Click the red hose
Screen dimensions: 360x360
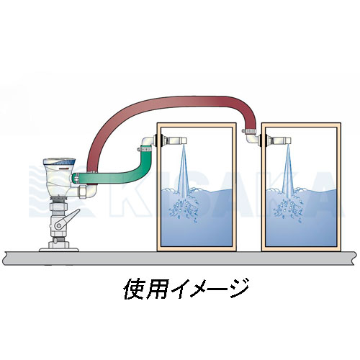pos(168,102)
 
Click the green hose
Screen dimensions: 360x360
pos(115,178)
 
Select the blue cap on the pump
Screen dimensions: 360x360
pos(60,163)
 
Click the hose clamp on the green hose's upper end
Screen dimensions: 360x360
pos(145,150)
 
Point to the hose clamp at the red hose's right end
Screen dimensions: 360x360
pos(249,131)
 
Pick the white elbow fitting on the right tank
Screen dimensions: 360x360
pos(252,139)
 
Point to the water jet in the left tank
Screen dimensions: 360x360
pos(184,168)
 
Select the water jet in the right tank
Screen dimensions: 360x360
pos(288,168)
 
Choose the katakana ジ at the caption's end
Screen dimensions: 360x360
pos(238,288)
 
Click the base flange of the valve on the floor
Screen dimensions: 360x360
pos(59,250)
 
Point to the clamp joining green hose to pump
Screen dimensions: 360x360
pos(76,179)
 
